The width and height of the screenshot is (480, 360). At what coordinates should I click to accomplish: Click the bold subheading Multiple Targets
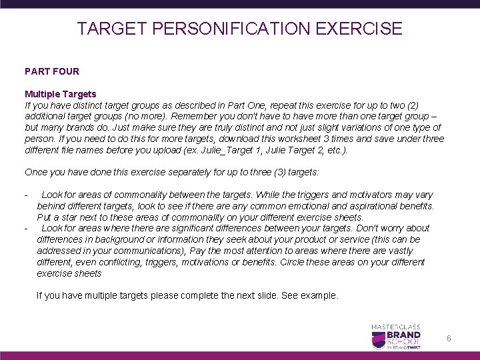pyautogui.click(x=61, y=94)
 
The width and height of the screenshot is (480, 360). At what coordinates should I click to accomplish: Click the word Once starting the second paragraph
pyautogui.click(x=36, y=172)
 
